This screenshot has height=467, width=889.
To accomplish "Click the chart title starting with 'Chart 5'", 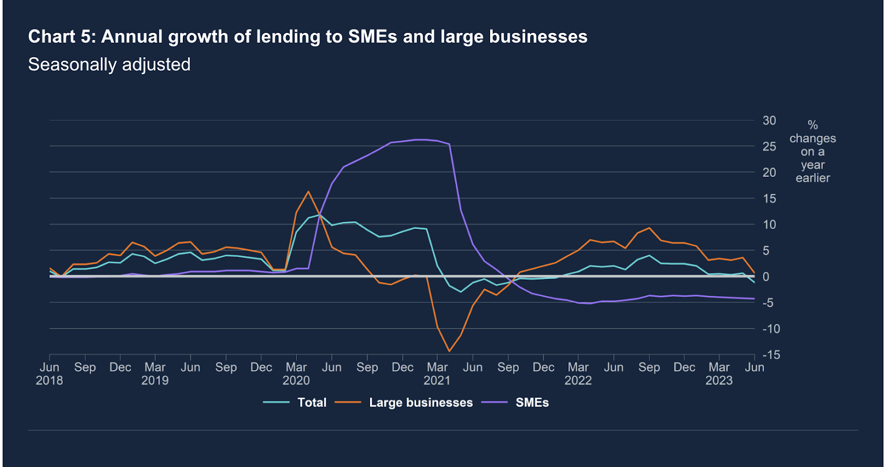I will (307, 37).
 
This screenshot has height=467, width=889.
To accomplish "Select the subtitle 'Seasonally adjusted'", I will (109, 64).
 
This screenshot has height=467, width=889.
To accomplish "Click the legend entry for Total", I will (311, 403).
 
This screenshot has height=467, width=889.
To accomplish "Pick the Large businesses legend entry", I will (421, 403).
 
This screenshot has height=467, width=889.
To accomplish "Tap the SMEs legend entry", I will (532, 403).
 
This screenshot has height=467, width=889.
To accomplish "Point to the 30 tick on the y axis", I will (769, 121).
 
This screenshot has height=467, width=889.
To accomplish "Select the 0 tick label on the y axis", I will (766, 277).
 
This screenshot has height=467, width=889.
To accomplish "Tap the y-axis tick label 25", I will (769, 147).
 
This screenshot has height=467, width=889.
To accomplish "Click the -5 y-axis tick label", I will (768, 303).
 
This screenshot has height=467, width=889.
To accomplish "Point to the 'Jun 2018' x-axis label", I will (49, 374).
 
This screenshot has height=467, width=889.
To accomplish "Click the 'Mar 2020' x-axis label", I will (296, 374).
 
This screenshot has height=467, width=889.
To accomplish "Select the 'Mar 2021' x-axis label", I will (437, 374).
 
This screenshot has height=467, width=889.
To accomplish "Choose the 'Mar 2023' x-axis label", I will (719, 374).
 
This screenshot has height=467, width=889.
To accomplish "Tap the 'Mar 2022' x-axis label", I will (578, 374).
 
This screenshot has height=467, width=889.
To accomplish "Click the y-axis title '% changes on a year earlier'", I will (812, 151).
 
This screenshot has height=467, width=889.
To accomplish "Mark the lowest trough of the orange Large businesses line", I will (449, 351).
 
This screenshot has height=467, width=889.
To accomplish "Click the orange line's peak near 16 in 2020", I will (308, 192).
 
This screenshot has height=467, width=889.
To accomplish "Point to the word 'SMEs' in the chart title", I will (373, 37).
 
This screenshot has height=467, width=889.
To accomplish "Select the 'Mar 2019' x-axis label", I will (155, 374).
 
